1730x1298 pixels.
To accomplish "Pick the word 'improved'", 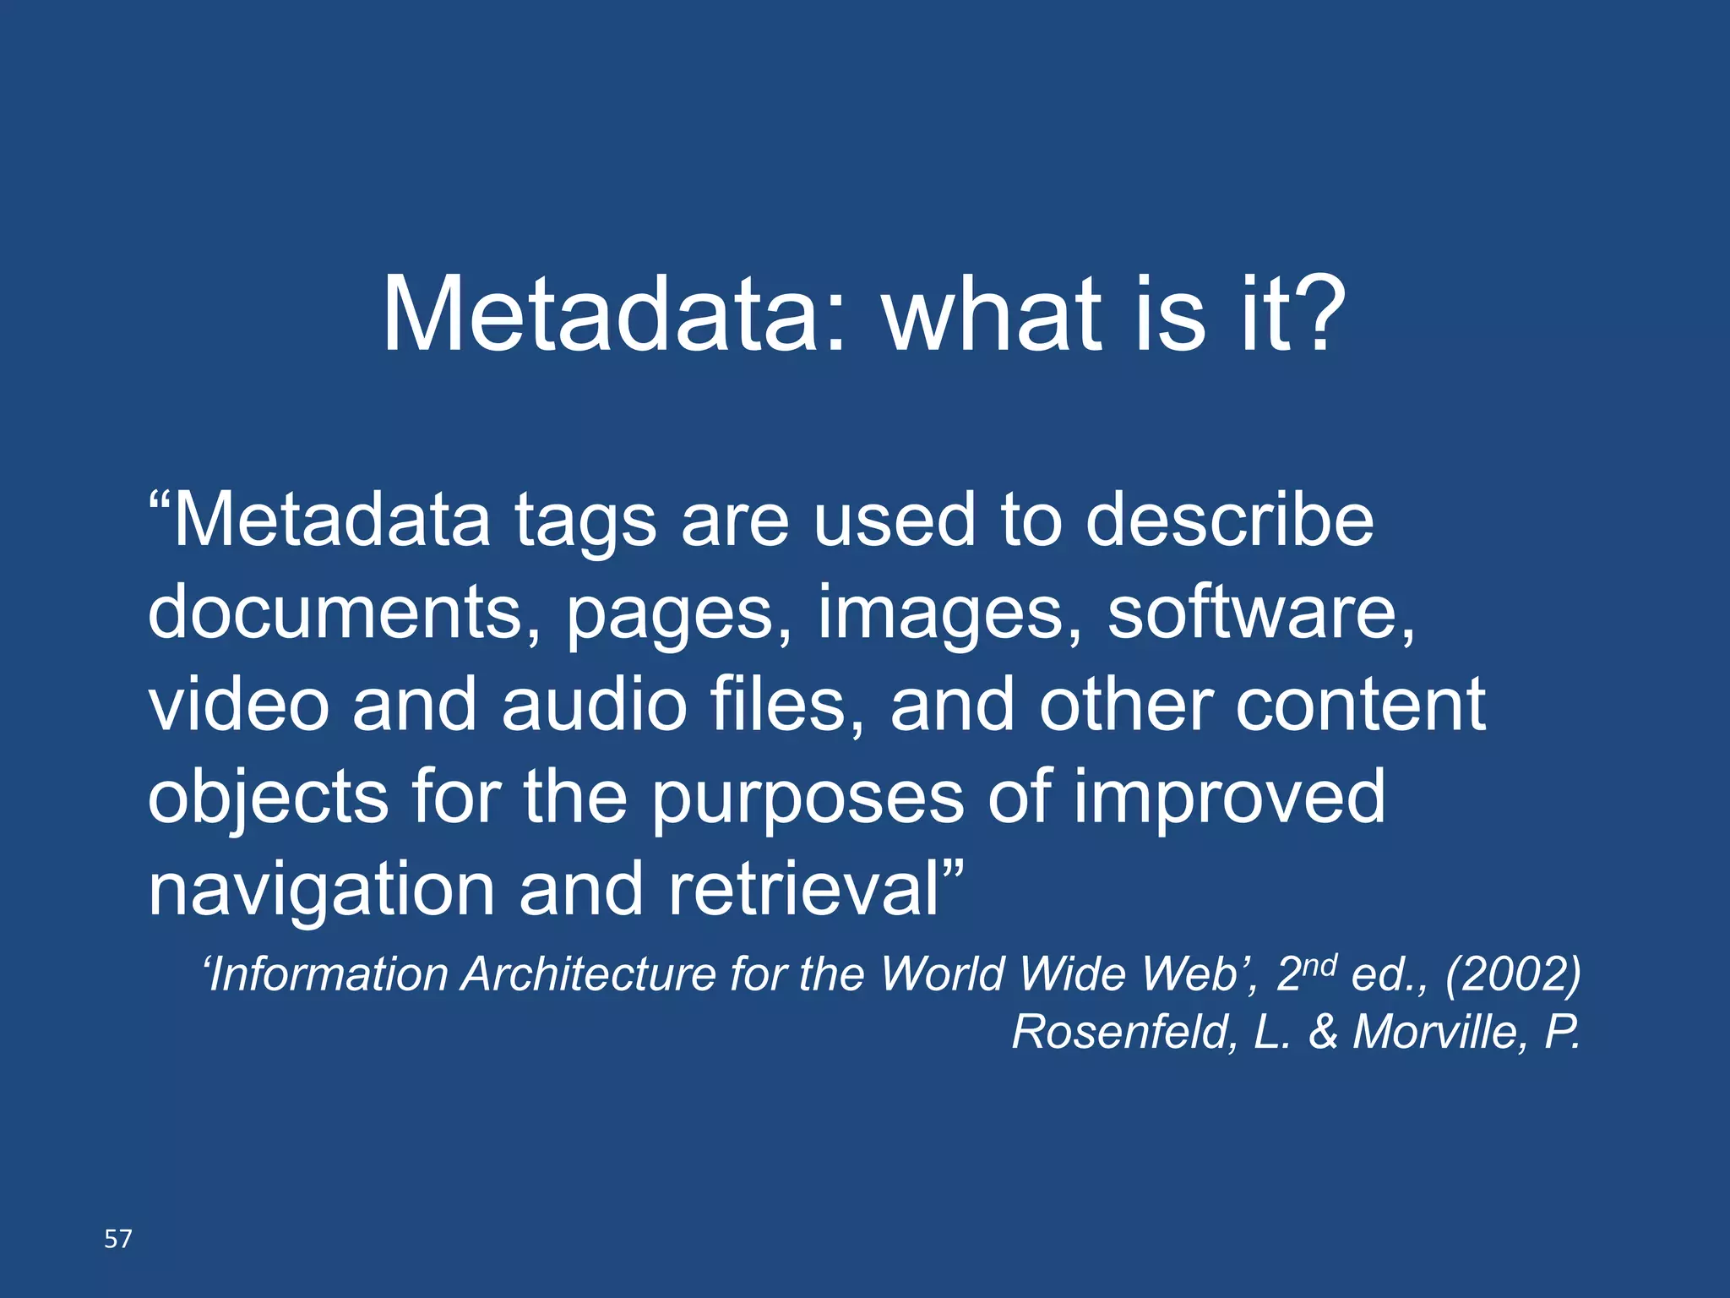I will [x=1229, y=799].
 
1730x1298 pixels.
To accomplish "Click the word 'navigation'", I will [x=321, y=892].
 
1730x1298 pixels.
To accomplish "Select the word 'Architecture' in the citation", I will [x=588, y=974].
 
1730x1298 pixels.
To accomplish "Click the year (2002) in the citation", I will [x=1513, y=974].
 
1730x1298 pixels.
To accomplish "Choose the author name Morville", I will [x=1434, y=1032].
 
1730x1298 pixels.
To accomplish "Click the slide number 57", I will [x=118, y=1239].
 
